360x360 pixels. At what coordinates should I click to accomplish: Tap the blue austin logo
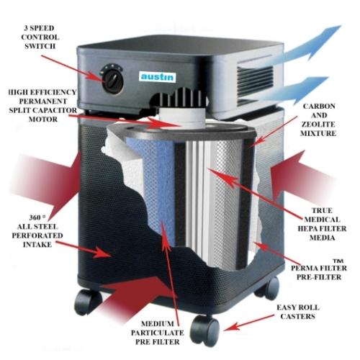157,77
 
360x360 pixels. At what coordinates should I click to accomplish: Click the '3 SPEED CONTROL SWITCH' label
40,37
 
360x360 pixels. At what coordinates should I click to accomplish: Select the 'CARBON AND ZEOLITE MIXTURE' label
318,120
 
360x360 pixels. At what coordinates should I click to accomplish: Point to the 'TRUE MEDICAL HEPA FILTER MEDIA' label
322,224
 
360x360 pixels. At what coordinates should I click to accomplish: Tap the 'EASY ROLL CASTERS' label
298,312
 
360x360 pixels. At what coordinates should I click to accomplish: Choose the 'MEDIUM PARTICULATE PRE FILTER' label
158,333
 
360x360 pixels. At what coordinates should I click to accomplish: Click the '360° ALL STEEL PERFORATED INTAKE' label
37,231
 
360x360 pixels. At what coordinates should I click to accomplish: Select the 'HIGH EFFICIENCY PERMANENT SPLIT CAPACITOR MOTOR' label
42,106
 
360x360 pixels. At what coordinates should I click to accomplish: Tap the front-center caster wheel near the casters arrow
204,330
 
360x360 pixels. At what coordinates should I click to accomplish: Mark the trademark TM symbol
338,261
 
